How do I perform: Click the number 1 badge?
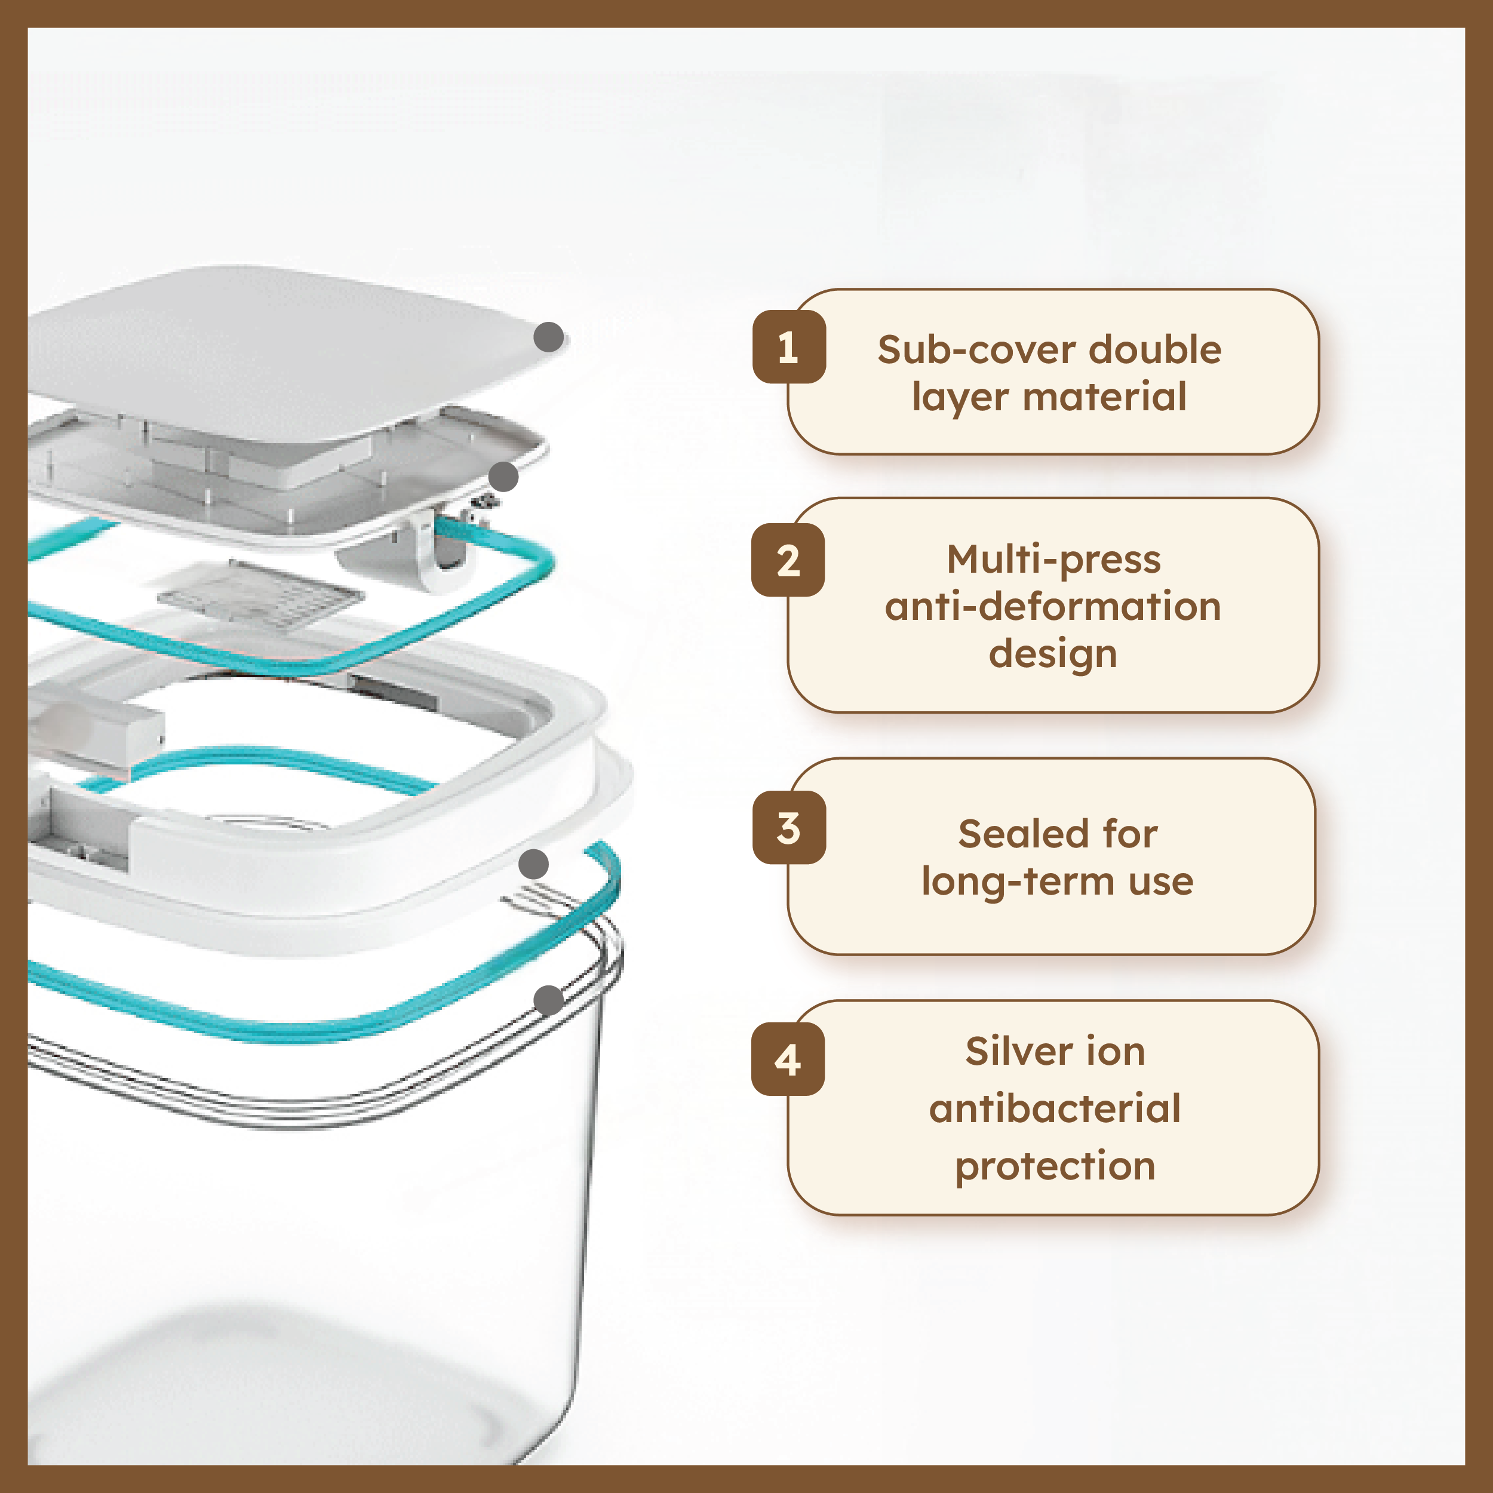[x=789, y=347]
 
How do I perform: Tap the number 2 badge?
[x=788, y=560]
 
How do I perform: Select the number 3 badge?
[x=789, y=828]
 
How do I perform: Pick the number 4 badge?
[x=788, y=1059]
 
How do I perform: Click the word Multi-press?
[x=1053, y=560]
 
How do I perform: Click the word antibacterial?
[x=1055, y=1109]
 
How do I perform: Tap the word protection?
[x=1055, y=1166]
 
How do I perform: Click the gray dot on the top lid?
[x=549, y=337]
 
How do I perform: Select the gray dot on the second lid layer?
[x=503, y=477]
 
